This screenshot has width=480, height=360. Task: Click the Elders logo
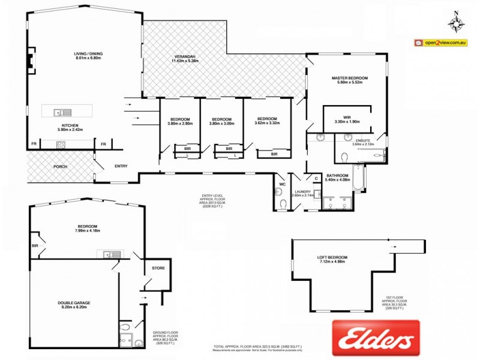click(x=376, y=338)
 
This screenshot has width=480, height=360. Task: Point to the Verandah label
click(x=184, y=59)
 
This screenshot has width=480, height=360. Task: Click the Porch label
click(x=60, y=166)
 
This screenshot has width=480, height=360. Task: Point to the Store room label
click(x=158, y=268)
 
